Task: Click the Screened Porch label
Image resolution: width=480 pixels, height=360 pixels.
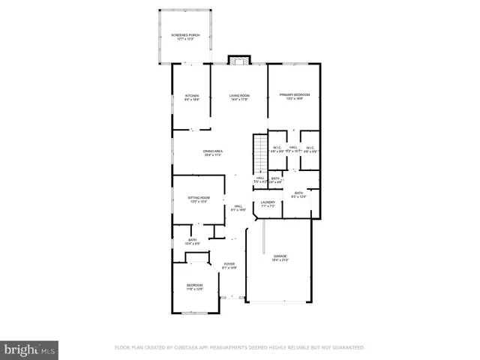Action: coord(184,35)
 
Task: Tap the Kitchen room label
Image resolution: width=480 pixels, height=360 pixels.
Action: coord(191,96)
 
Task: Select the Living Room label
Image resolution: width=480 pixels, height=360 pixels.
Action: coord(239,96)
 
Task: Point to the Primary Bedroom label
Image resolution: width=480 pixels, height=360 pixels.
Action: coord(294,94)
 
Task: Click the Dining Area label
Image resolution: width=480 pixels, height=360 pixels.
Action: coord(213,151)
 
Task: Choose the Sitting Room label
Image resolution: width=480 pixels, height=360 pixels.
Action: coord(198,198)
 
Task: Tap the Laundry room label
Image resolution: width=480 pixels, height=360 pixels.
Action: coord(268,202)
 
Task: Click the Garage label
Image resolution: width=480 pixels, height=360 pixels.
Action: coord(280,256)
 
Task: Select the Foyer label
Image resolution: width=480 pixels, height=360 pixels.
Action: coord(229,265)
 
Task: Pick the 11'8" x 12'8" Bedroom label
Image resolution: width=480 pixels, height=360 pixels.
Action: coord(194,286)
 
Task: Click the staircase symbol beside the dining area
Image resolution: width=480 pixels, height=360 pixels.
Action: coord(259,145)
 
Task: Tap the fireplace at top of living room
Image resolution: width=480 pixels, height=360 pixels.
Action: coord(239,60)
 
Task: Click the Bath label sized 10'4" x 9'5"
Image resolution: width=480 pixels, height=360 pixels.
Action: coord(192,240)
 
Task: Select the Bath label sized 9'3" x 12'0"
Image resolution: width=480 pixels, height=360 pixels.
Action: coord(298,193)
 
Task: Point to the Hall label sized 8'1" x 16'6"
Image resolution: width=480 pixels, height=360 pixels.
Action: coord(238,206)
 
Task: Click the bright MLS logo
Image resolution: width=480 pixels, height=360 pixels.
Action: coord(30,349)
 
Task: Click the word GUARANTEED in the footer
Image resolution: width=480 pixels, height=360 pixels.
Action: coord(346,348)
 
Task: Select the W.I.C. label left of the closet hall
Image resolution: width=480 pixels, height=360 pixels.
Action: coord(277,148)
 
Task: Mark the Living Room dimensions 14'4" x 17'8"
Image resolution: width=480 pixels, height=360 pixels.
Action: coord(239,100)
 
